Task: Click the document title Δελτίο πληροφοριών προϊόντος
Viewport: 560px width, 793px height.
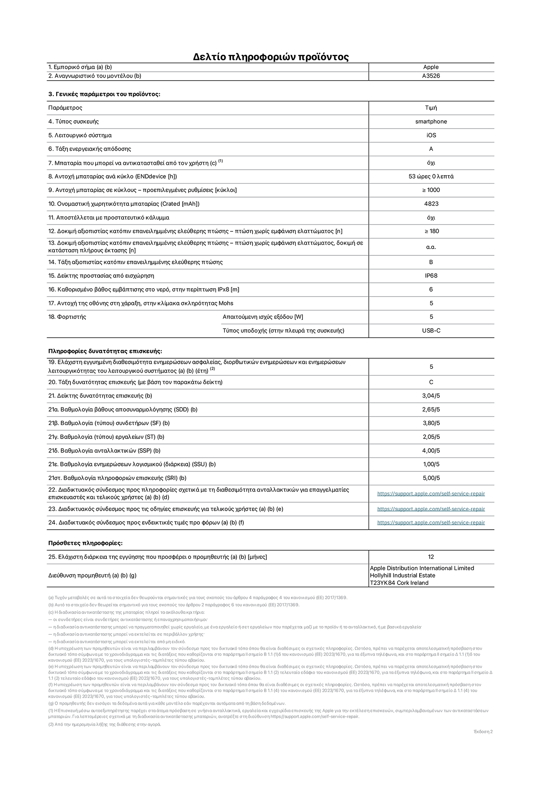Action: [271, 57]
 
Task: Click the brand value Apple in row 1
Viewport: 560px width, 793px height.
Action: [431, 67]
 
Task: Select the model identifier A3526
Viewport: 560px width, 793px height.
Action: [431, 76]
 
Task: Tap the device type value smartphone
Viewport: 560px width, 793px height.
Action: [431, 122]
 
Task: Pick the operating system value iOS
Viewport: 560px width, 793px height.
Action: [431, 135]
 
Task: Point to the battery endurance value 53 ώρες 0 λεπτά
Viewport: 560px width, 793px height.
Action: [431, 176]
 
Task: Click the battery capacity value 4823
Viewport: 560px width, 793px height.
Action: [431, 204]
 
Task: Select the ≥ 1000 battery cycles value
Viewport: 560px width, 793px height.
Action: [431, 190]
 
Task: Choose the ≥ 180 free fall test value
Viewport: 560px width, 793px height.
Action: [431, 231]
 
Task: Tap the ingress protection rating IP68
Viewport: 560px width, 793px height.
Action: [431, 276]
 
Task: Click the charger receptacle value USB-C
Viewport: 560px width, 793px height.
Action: [431, 330]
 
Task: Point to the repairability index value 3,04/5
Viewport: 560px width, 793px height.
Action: [431, 396]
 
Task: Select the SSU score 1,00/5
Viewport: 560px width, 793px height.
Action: [431, 464]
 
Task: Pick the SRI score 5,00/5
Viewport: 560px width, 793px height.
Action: [431, 478]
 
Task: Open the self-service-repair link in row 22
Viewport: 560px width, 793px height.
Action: [431, 494]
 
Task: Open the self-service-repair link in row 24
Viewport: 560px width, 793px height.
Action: [431, 522]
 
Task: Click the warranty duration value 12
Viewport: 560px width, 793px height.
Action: [431, 557]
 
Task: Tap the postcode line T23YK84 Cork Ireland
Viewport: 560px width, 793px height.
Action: [399, 583]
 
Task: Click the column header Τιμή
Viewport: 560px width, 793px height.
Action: [431, 108]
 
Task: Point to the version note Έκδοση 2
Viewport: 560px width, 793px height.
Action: [483, 732]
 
